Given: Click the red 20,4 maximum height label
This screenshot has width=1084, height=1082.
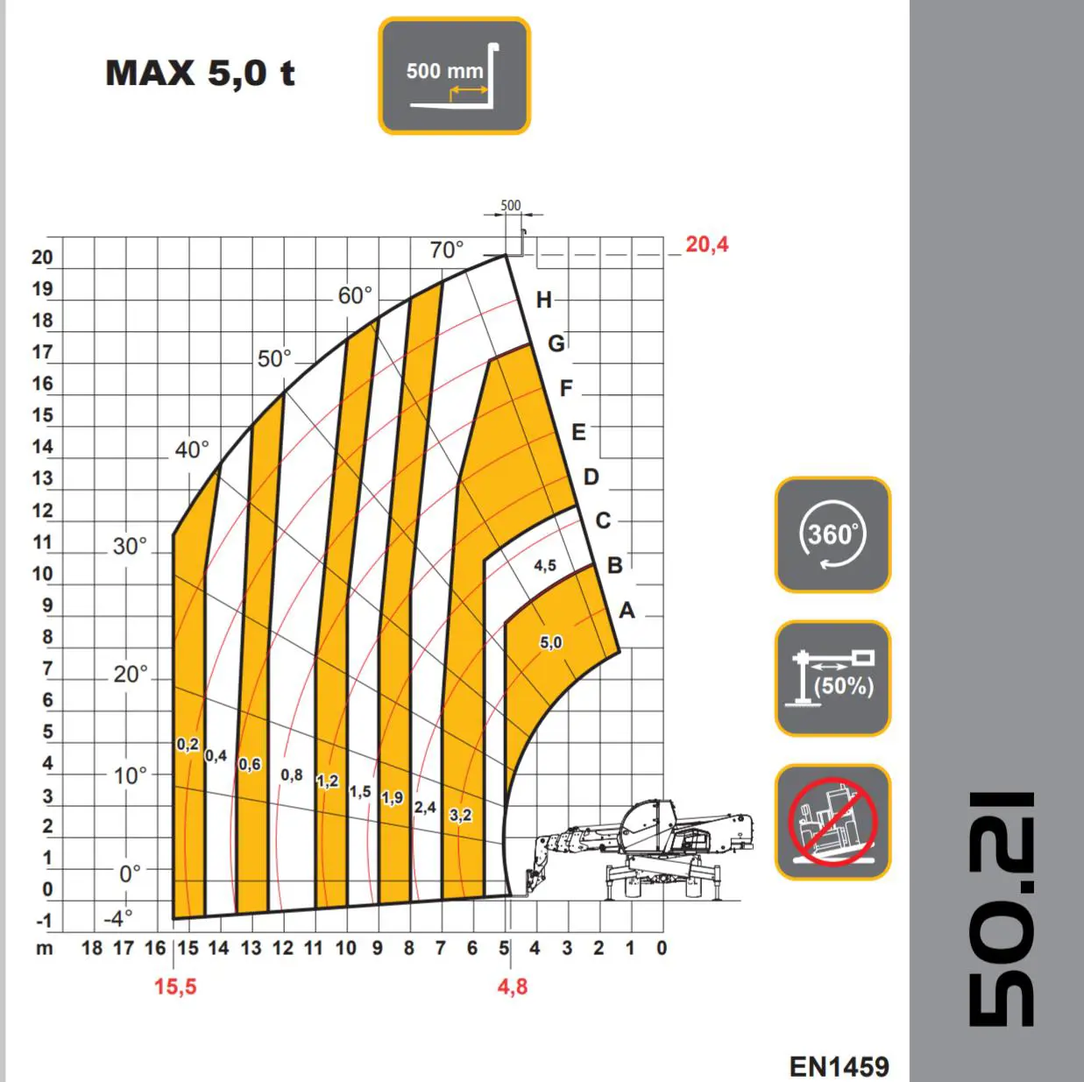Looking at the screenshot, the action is [706, 244].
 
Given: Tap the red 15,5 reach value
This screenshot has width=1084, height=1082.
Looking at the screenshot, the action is [175, 987].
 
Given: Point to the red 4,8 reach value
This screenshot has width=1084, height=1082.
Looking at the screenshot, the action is [513, 987].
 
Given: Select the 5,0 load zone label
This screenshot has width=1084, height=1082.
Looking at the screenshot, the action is [550, 642].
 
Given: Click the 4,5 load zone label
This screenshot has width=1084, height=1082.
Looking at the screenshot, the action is [544, 565].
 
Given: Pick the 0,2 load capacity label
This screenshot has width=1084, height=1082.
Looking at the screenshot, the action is [188, 745].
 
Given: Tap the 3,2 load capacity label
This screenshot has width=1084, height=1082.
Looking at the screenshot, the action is [461, 815].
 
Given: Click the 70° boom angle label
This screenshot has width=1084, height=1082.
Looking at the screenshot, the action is [447, 250].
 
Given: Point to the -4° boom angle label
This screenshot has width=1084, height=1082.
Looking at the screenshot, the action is [118, 919].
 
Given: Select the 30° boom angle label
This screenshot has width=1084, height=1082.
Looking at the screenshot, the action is [130, 547].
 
